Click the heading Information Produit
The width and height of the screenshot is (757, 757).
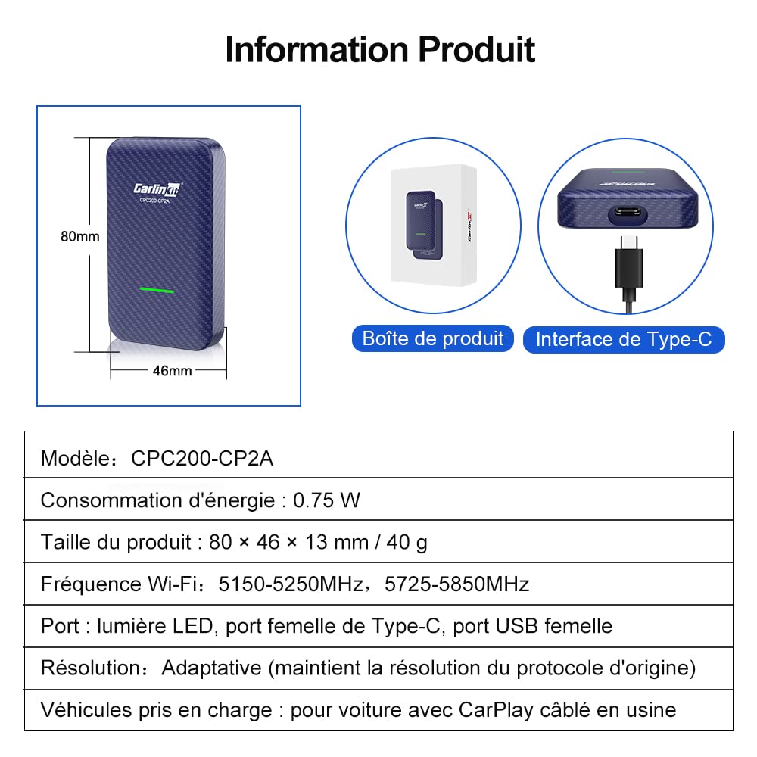tap(379, 49)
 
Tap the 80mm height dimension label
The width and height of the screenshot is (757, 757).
tap(79, 236)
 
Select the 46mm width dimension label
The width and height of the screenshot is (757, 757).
tap(172, 370)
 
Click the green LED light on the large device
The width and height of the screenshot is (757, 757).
tap(157, 291)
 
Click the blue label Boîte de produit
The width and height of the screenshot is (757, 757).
tap(433, 338)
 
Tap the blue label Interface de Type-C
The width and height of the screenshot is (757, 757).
tap(624, 339)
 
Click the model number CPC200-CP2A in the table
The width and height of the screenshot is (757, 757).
tap(201, 458)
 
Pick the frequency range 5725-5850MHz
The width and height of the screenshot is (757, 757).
tap(456, 584)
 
